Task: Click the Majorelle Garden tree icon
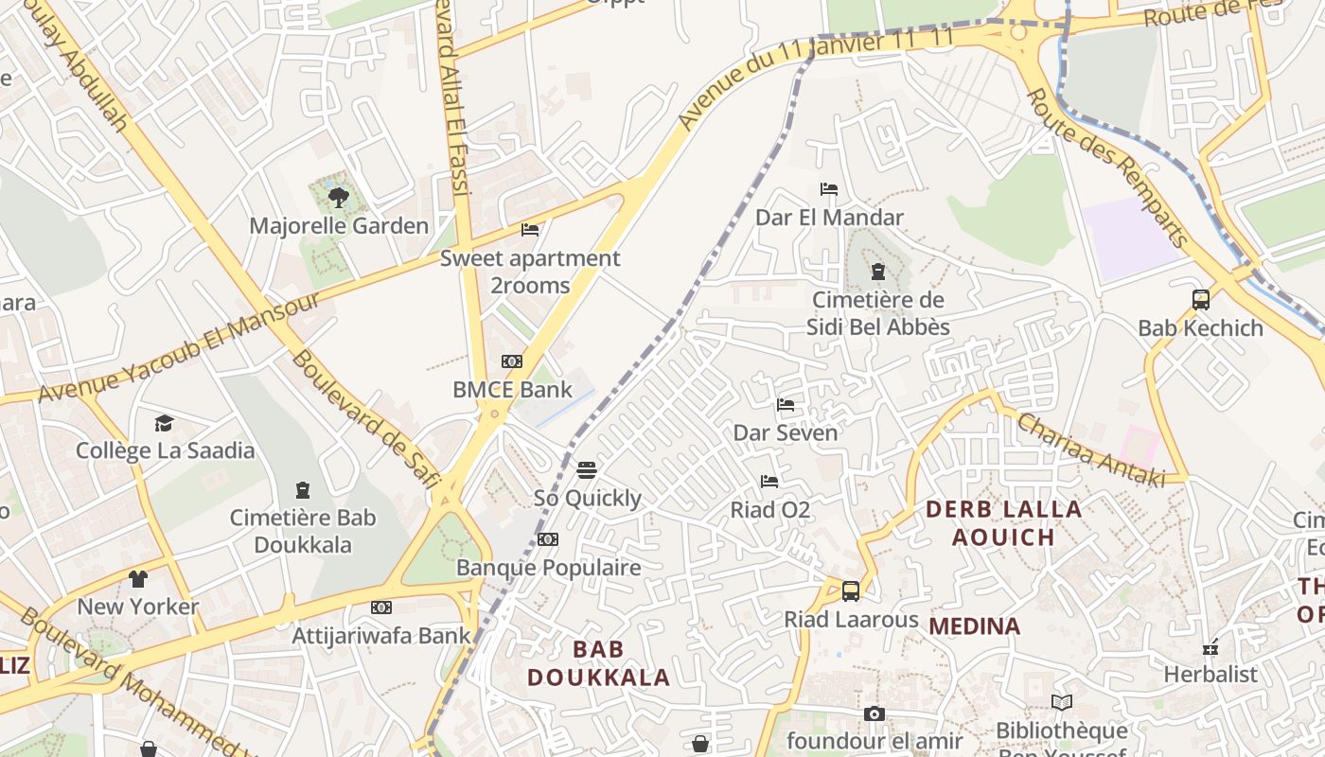click(x=338, y=198)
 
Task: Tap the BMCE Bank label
click(x=512, y=389)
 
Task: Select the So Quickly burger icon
click(x=587, y=470)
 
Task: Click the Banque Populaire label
click(x=548, y=568)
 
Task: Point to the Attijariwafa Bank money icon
click(x=381, y=607)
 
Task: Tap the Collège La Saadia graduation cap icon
click(x=165, y=423)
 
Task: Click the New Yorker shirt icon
click(x=138, y=578)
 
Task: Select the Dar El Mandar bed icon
click(x=829, y=189)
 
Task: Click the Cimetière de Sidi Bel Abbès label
click(x=877, y=314)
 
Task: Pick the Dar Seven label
click(x=786, y=433)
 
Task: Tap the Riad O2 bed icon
click(x=769, y=482)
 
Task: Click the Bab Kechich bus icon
click(x=1200, y=300)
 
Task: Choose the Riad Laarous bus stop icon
click(x=851, y=591)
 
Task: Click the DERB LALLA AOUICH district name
click(x=1003, y=523)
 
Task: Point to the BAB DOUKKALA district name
click(x=598, y=663)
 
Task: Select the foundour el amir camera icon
click(x=874, y=713)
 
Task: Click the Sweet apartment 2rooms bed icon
click(x=530, y=230)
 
